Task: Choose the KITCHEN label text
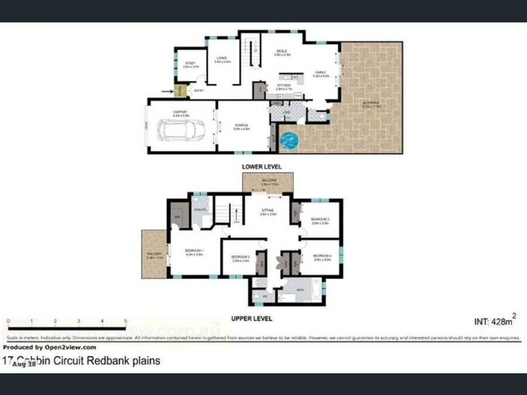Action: click(283, 85)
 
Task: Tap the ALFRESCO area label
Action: click(371, 104)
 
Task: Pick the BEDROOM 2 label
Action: click(240, 257)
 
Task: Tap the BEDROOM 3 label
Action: click(320, 220)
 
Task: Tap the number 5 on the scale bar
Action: click(126, 321)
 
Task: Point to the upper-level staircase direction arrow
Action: click(233, 213)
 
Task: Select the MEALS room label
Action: click(281, 51)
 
